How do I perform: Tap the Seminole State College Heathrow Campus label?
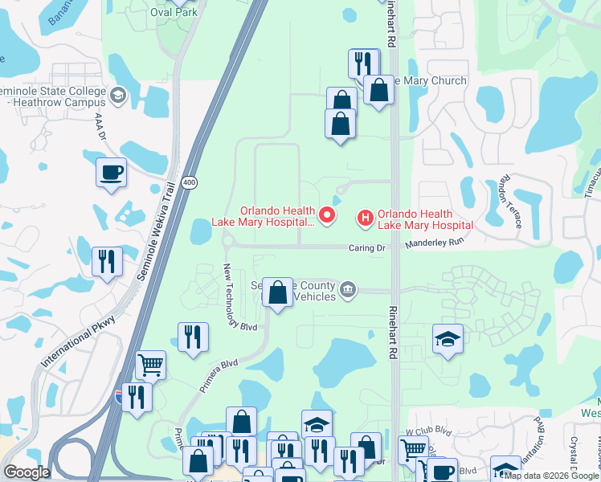coord(53,97)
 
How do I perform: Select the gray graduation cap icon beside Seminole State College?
coord(118,96)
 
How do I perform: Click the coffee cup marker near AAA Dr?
coord(111,171)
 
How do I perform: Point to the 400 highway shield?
coord(189,183)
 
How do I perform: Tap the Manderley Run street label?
coord(435,241)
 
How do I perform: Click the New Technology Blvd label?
coord(239,296)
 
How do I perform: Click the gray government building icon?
coord(347,289)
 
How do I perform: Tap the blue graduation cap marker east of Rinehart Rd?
coord(448,339)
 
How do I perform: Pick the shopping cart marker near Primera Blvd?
coord(150,365)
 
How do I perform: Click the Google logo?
coord(26,472)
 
